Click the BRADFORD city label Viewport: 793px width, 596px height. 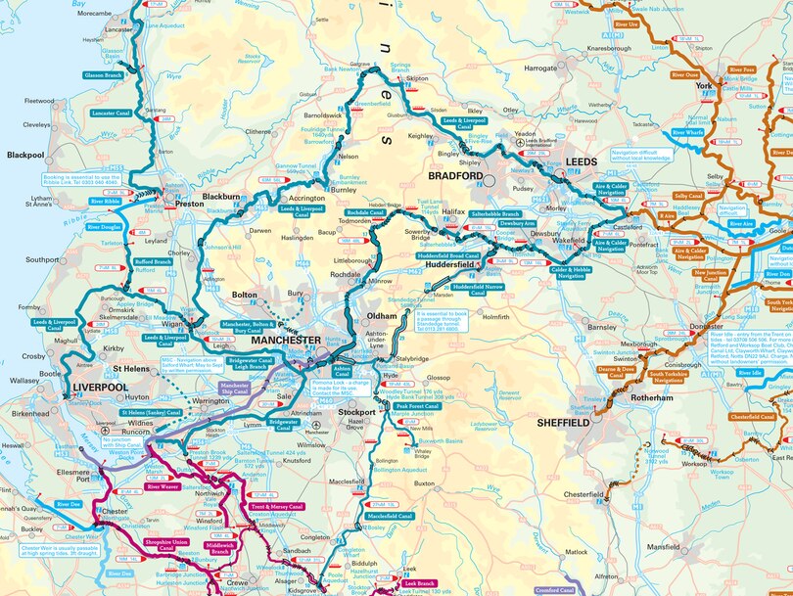455,176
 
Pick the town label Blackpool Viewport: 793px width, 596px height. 26,155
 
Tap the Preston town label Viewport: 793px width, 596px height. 190,205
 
